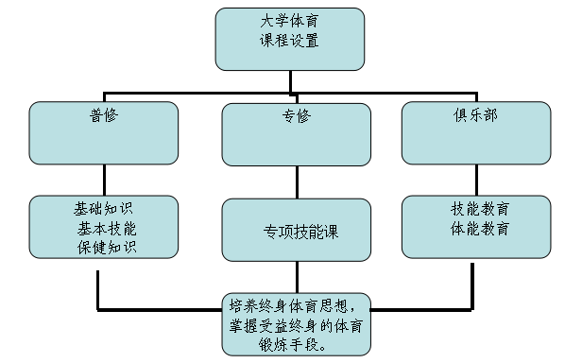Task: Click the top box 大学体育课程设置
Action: [288, 39]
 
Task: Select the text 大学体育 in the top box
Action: [289, 23]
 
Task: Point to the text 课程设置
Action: [289, 41]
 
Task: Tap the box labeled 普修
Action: [103, 132]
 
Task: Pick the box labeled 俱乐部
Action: [475, 132]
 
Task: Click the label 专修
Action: [296, 117]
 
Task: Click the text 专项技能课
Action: [296, 233]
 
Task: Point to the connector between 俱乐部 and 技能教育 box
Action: [475, 180]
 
